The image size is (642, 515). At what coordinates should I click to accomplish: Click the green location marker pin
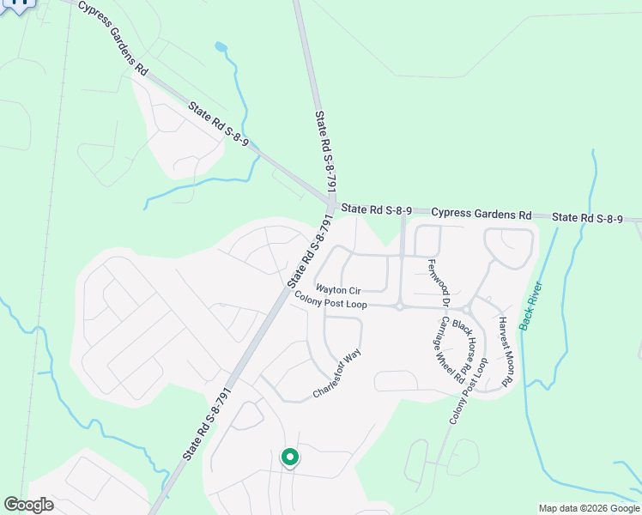tap(290, 458)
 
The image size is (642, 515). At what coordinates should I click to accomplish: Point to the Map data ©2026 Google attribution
tap(589, 508)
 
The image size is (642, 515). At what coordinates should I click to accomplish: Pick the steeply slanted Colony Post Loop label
tap(468, 391)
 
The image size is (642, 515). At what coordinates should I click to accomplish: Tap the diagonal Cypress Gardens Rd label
tap(112, 38)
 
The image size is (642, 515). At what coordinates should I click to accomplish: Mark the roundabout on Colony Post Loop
tap(400, 306)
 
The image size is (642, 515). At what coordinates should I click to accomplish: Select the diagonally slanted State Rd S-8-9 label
tap(218, 124)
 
